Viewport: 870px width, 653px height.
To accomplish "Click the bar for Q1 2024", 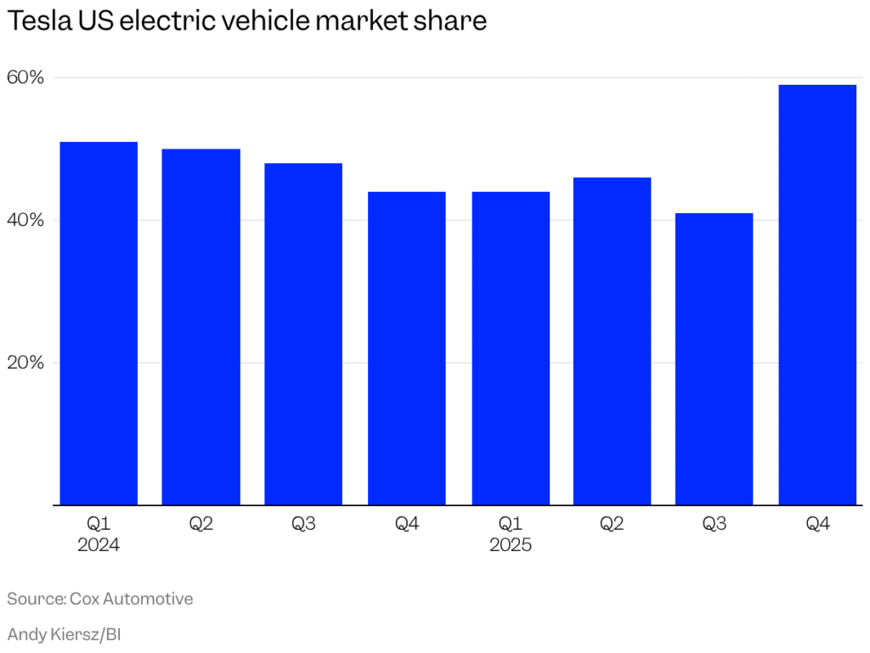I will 99,324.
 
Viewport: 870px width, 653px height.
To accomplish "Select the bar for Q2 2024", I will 201,327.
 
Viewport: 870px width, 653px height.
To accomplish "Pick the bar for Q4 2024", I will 407,348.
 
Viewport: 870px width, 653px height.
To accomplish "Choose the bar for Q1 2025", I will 511,348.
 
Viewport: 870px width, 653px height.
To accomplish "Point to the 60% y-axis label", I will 25,78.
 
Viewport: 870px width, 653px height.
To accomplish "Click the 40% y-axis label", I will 25,221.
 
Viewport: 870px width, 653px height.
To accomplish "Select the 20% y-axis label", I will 25,363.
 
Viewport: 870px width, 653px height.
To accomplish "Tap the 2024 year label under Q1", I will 99,545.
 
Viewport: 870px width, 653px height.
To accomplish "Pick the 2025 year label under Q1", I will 511,545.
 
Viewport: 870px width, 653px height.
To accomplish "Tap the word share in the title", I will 455,21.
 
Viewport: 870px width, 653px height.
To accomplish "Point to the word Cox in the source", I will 88,599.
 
